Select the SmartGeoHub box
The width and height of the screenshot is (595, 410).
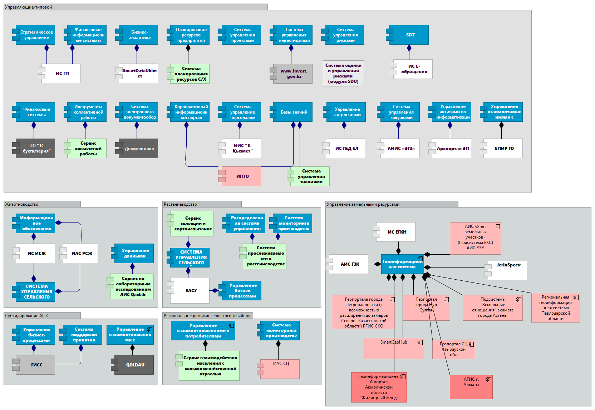pyautogui.click(x=394, y=348)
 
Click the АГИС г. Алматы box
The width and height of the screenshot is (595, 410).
pyautogui.click(x=471, y=387)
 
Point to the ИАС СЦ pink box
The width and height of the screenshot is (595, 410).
pyautogui.click(x=280, y=369)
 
